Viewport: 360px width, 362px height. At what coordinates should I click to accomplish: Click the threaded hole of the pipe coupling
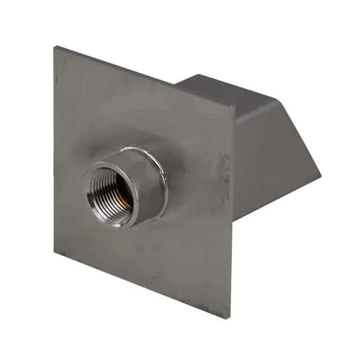[x=109, y=193]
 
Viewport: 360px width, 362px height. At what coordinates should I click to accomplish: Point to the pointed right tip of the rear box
[x=321, y=175]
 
